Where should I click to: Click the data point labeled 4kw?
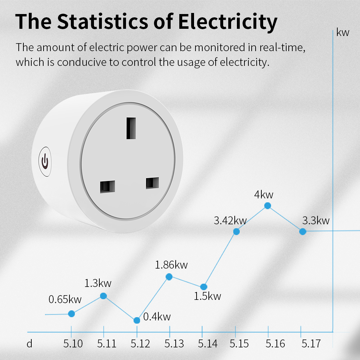(x=267, y=206)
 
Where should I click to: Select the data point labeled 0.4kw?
(x=137, y=320)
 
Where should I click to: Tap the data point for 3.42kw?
(x=236, y=231)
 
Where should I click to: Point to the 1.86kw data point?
(x=169, y=276)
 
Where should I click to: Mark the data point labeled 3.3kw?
(x=303, y=231)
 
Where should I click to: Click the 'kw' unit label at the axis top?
(x=343, y=33)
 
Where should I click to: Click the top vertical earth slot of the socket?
(x=131, y=128)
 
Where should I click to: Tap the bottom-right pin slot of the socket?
(x=152, y=183)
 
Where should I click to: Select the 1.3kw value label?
(x=98, y=283)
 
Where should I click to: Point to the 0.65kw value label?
(x=65, y=299)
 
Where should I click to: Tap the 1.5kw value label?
(x=207, y=296)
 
